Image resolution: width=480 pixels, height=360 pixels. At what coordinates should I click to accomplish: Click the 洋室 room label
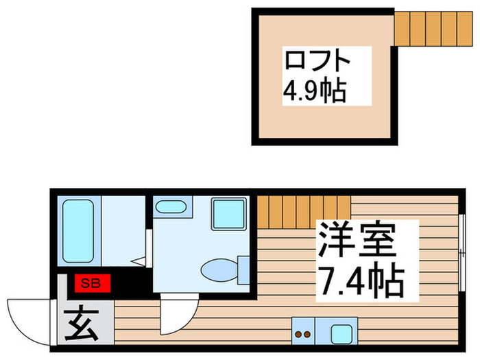click(356, 241)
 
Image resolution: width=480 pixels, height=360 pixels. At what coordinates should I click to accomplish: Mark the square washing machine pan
click(228, 214)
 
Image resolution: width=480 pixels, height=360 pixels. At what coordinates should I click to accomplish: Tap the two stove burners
click(303, 335)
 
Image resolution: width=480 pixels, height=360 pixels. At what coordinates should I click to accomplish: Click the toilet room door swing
click(178, 315)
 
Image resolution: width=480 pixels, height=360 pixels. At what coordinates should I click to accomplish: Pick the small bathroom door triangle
click(139, 261)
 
